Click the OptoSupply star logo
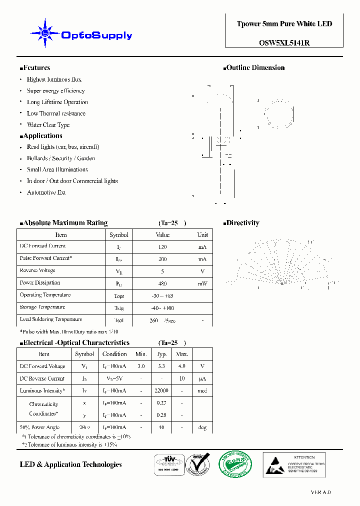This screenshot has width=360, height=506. pyautogui.click(x=45, y=33)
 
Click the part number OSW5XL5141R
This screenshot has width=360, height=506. pyautogui.click(x=284, y=42)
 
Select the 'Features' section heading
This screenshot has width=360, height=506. pyautogui.click(x=36, y=68)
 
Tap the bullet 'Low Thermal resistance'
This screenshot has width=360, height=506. pyautogui.click(x=56, y=113)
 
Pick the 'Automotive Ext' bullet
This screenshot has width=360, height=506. pyautogui.click(x=46, y=192)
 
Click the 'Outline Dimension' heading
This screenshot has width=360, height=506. pyautogui.click(x=255, y=68)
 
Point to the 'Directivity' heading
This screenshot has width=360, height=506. pyautogui.click(x=242, y=223)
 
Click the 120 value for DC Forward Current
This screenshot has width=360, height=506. pyautogui.click(x=162, y=247)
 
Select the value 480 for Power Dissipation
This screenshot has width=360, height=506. pyautogui.click(x=162, y=283)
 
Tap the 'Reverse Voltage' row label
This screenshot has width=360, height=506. pyautogui.click(x=38, y=270)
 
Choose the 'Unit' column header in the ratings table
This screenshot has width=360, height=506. pyautogui.click(x=202, y=235)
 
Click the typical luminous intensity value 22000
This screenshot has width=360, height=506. pyautogui.click(x=161, y=391)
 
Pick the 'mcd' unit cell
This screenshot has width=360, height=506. pyautogui.click(x=202, y=391)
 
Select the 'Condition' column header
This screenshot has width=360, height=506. pyautogui.click(x=114, y=354)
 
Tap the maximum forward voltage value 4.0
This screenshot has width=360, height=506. pyautogui.click(x=182, y=366)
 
